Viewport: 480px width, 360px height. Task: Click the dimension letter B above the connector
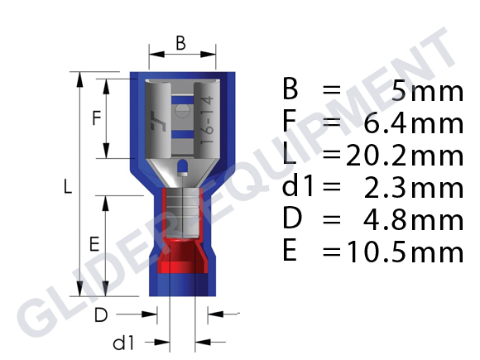180,44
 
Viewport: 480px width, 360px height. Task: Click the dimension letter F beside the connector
96,118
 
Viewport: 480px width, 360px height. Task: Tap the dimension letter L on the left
67,188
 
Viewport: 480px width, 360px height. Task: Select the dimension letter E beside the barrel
94,244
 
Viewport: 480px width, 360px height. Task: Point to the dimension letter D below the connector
100,314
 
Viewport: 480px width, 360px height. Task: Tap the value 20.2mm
406,154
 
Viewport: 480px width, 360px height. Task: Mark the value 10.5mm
406,251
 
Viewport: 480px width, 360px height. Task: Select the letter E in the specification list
290,251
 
